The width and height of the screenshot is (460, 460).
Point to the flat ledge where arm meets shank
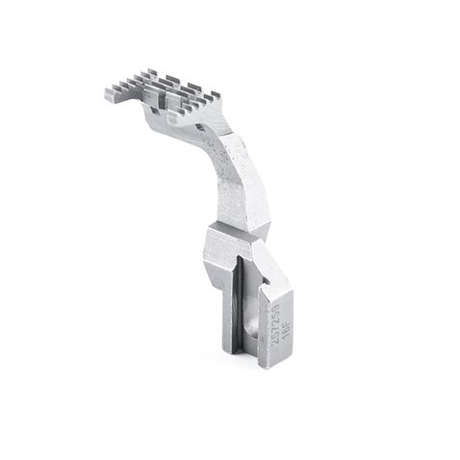click(231, 231)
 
